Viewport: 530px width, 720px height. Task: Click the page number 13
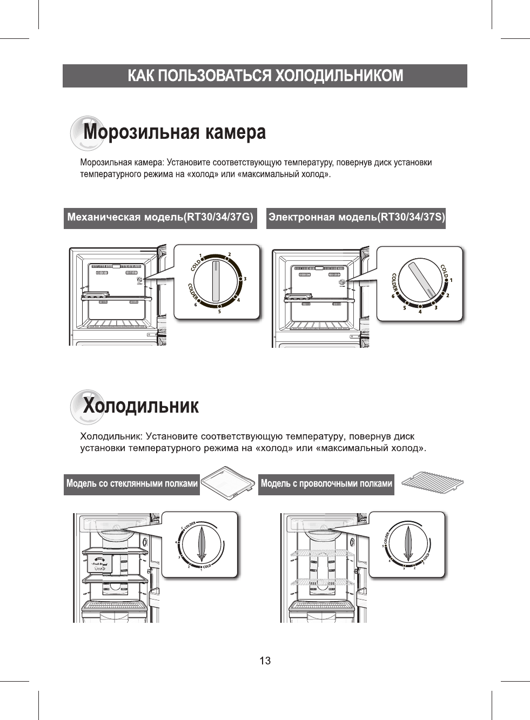pyautogui.click(x=265, y=661)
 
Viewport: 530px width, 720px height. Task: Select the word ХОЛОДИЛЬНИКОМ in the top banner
pyautogui.click(x=339, y=76)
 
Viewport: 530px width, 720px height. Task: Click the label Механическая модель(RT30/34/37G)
pyautogui.click(x=160, y=218)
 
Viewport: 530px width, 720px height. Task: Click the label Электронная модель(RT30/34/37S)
pyautogui.click(x=357, y=218)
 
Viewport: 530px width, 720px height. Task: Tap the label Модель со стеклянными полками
pyautogui.click(x=132, y=483)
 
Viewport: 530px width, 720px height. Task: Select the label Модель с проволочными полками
pyautogui.click(x=326, y=483)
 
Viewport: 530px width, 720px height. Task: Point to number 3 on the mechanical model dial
pyautogui.click(x=245, y=279)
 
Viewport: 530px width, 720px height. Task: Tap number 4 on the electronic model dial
pyautogui.click(x=420, y=312)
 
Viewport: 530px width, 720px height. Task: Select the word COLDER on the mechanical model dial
pyautogui.click(x=193, y=292)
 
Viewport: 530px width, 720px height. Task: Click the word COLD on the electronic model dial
pyautogui.click(x=444, y=271)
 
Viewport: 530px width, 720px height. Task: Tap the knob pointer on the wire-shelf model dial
pyautogui.click(x=408, y=544)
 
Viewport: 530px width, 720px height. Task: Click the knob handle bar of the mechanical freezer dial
pyautogui.click(x=216, y=281)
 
